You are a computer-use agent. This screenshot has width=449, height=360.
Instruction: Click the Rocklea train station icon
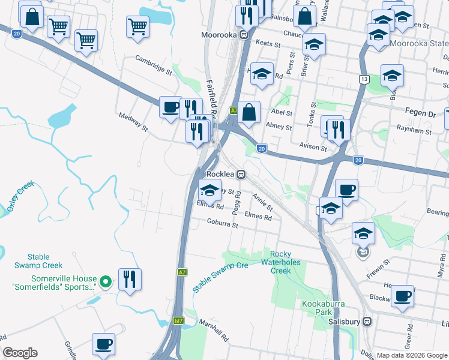[x=241, y=174]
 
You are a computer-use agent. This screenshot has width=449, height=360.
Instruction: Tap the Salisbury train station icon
[x=367, y=321]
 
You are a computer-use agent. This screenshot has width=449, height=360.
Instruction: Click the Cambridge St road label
[x=154, y=65]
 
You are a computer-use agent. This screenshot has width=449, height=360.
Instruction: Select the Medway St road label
[x=133, y=122]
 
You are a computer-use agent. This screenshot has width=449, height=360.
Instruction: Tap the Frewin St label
[x=378, y=267]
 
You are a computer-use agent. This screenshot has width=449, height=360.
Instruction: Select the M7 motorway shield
[x=178, y=321]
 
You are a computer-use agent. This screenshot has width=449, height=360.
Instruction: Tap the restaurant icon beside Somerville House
[x=130, y=278]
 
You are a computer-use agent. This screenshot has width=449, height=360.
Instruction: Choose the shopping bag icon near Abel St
[x=249, y=111]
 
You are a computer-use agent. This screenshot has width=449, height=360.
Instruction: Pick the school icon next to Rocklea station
[x=209, y=190]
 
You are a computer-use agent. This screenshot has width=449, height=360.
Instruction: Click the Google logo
[x=20, y=353]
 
